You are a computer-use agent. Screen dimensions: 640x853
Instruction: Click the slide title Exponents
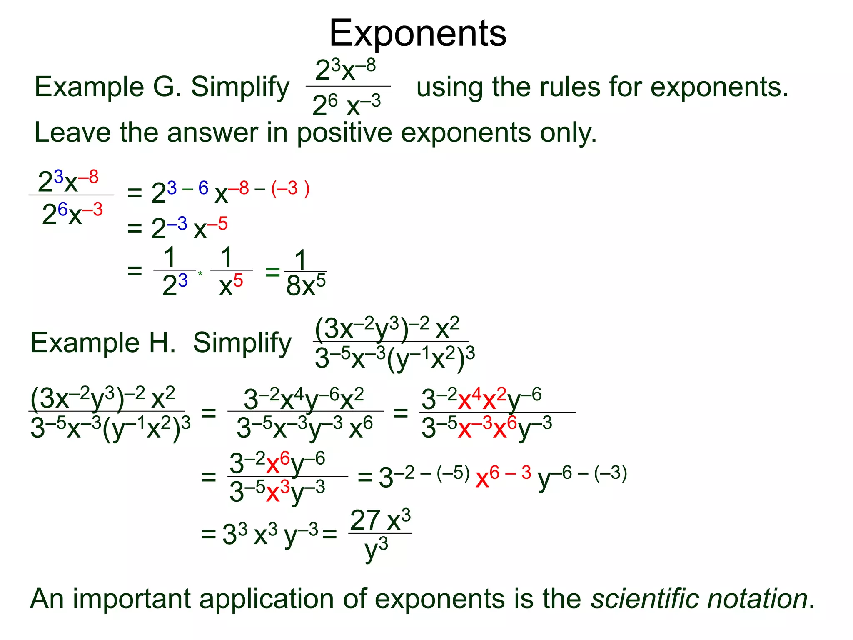(x=418, y=33)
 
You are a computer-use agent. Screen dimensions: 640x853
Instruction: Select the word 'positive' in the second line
(x=344, y=133)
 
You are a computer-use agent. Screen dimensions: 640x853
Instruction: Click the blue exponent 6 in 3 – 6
(x=203, y=188)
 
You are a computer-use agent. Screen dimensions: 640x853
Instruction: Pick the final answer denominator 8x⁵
(x=306, y=286)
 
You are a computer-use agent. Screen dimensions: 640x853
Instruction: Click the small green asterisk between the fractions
(x=200, y=274)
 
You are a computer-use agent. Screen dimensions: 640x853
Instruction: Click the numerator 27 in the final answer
(x=365, y=520)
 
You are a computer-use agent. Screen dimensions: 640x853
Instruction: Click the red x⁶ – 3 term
(x=504, y=477)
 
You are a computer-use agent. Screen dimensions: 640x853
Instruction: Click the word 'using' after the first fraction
(x=450, y=88)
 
